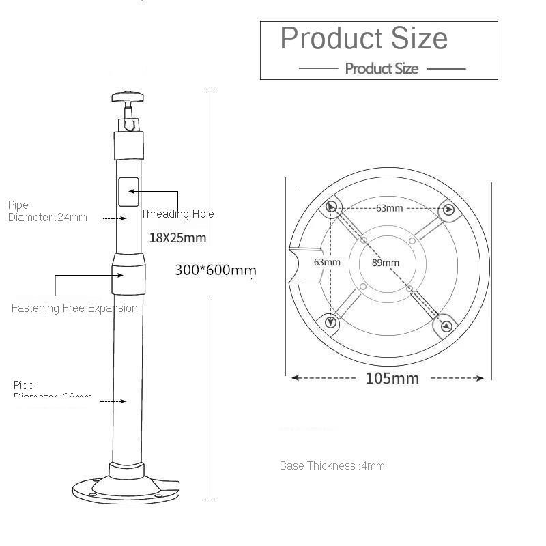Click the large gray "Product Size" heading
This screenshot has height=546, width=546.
pyautogui.click(x=364, y=38)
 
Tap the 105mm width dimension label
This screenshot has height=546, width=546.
pyautogui.click(x=392, y=378)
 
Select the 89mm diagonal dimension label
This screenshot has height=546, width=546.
pyautogui.click(x=386, y=263)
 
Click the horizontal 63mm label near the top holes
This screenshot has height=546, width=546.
pyautogui.click(x=389, y=208)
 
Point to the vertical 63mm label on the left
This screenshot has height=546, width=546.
pyautogui.click(x=327, y=262)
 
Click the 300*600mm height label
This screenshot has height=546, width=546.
pyautogui.click(x=216, y=270)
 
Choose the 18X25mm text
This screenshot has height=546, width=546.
pyautogui.click(x=177, y=238)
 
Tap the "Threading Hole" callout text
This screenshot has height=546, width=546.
pyautogui.click(x=177, y=214)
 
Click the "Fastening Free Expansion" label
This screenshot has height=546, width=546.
pyautogui.click(x=74, y=308)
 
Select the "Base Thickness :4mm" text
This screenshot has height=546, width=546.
pyautogui.click(x=332, y=466)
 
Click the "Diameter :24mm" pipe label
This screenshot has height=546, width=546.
pyautogui.click(x=48, y=218)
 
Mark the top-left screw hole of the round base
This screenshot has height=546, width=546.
pyautogui.click(x=332, y=207)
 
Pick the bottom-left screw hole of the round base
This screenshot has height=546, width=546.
pyautogui.click(x=332, y=321)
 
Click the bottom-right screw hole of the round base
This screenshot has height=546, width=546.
pyautogui.click(x=446, y=326)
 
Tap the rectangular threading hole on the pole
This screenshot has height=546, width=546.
pyautogui.click(x=129, y=192)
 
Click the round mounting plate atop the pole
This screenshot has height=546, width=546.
pyautogui.click(x=126, y=96)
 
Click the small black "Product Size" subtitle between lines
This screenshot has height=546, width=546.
pyautogui.click(x=382, y=68)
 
